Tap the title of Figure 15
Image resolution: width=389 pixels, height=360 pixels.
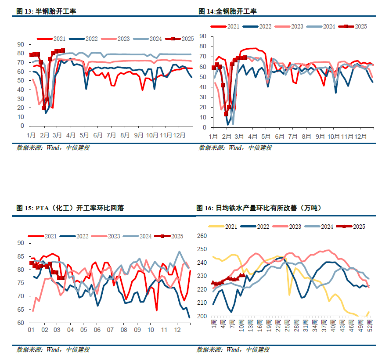point(70,208)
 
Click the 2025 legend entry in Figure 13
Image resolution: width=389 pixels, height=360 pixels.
point(180,39)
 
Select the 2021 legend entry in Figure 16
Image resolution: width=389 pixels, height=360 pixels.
point(226,227)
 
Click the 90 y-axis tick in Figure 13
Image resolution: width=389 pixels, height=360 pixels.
point(20,44)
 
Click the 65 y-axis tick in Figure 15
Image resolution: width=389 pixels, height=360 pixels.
point(21,310)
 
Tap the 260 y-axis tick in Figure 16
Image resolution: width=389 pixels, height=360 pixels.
point(201,236)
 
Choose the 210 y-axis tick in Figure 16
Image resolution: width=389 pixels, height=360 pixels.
point(201,303)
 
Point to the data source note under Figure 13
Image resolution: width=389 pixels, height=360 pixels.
point(53,148)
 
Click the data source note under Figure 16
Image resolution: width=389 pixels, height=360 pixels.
point(233,349)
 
